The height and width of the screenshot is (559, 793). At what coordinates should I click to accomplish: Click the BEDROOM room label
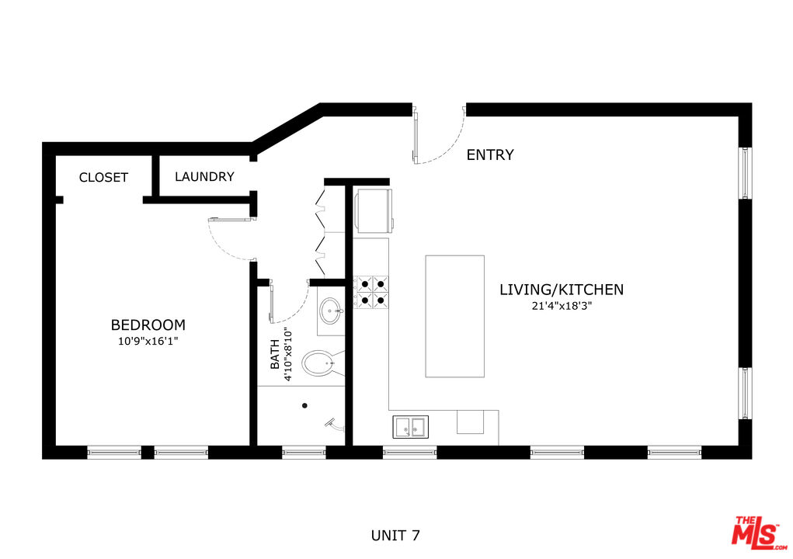click(148, 325)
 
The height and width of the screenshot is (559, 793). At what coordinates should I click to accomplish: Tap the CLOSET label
click(103, 178)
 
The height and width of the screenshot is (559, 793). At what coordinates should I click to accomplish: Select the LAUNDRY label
click(204, 177)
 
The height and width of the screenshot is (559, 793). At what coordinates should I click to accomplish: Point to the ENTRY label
click(489, 155)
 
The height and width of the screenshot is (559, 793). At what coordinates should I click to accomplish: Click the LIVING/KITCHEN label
click(561, 290)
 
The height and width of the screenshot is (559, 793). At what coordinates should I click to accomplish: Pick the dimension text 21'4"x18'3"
click(561, 306)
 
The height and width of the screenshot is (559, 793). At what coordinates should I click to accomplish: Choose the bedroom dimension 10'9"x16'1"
click(148, 341)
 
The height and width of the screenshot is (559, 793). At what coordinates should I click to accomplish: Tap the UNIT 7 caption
click(396, 535)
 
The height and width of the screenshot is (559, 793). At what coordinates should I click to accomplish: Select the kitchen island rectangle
click(454, 316)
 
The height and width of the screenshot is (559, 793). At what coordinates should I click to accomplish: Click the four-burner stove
click(371, 290)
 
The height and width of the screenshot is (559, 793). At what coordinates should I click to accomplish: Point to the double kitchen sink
click(409, 426)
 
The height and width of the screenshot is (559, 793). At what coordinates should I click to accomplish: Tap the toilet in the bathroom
click(321, 363)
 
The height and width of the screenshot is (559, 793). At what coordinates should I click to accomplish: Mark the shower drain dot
click(304, 404)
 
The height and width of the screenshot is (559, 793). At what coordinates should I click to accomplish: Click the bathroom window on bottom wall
click(304, 452)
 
